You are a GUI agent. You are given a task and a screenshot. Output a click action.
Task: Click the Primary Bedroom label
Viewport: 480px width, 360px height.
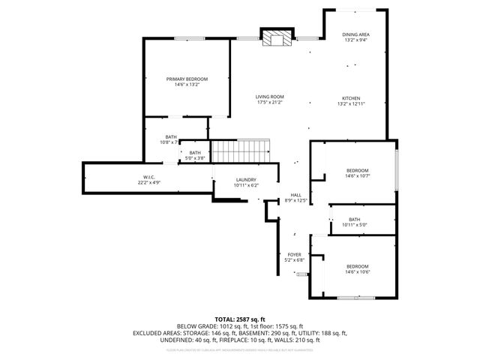(187, 79)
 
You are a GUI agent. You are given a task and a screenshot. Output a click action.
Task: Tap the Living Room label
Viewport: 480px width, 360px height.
(269, 96)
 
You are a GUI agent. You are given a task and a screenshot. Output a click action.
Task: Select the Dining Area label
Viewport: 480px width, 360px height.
(355, 34)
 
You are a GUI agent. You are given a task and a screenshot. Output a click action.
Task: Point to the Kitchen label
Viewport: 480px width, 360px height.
(352, 98)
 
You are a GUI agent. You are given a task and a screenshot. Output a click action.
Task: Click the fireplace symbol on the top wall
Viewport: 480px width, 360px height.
(271, 37)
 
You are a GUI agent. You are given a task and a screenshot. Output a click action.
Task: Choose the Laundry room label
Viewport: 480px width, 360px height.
(246, 179)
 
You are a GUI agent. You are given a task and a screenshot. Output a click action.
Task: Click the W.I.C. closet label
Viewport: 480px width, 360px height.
(150, 177)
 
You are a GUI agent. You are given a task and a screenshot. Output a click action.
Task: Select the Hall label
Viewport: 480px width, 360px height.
(295, 195)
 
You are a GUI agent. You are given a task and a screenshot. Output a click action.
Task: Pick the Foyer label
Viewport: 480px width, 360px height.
(295, 254)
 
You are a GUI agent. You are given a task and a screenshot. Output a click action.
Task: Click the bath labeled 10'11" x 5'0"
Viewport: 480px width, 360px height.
(354, 225)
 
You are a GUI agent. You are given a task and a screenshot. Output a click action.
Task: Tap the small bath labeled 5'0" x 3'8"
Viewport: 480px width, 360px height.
(194, 158)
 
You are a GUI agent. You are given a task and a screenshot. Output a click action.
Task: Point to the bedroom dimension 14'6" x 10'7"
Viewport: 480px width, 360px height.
(357, 177)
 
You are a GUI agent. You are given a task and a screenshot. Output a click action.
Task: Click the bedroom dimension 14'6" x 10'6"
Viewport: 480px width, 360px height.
(357, 273)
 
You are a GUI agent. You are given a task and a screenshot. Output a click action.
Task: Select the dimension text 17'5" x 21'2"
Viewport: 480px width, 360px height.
(269, 102)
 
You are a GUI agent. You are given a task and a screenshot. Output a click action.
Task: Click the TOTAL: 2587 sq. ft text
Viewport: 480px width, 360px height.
(239, 319)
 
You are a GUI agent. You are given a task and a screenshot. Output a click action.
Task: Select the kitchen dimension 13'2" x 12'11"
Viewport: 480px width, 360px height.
(352, 104)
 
